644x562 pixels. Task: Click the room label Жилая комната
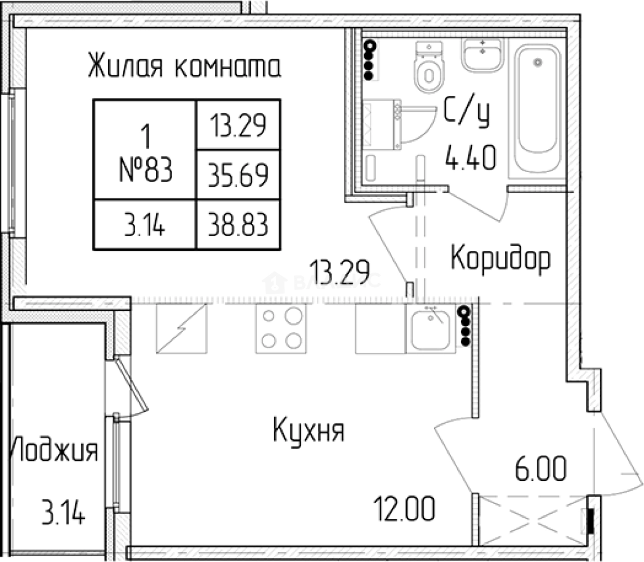pyautogui.click(x=184, y=67)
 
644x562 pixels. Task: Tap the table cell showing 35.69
pyautogui.click(x=238, y=175)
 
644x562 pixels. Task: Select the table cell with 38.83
pyautogui.click(x=238, y=225)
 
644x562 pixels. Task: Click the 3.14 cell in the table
pyautogui.click(x=145, y=225)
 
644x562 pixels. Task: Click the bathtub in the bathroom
pyautogui.click(x=538, y=112)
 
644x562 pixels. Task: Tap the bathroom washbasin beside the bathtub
pyautogui.click(x=483, y=55)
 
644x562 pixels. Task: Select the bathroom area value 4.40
pyautogui.click(x=470, y=158)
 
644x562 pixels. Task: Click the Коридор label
pyautogui.click(x=500, y=258)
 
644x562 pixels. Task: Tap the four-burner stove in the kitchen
pyautogui.click(x=281, y=328)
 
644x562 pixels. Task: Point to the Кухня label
pyautogui.click(x=308, y=431)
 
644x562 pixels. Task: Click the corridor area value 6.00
pyautogui.click(x=540, y=469)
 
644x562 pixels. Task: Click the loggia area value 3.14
pyautogui.click(x=63, y=513)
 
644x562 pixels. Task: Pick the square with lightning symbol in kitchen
pyautogui.click(x=182, y=328)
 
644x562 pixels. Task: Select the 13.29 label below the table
pyautogui.click(x=339, y=271)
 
